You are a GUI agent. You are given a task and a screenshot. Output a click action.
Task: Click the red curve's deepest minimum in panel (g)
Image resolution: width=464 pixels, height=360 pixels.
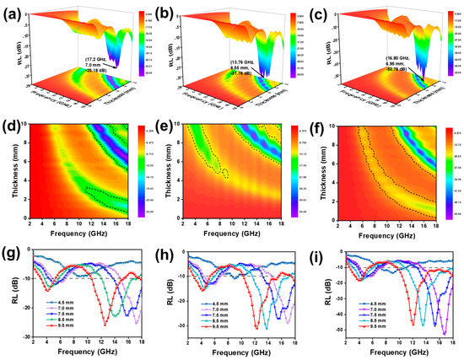[105, 325]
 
